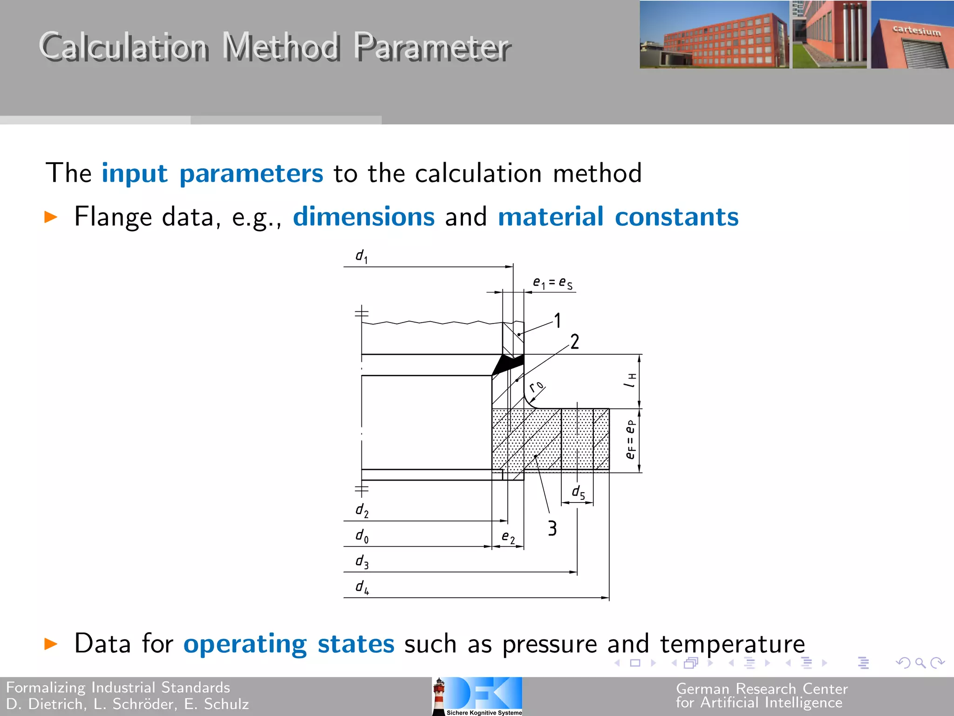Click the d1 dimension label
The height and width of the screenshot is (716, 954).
coord(361,256)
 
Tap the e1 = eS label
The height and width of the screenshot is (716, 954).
coord(552,283)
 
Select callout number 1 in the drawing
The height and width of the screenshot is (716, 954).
coord(557,321)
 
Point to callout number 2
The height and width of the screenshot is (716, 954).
coord(575,342)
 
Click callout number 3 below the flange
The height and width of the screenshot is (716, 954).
coord(552,529)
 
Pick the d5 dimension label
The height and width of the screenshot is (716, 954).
coord(578,492)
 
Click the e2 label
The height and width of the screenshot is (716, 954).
coord(508,537)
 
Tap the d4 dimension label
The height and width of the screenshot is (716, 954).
coord(362,587)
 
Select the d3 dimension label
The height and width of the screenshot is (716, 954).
coord(362,562)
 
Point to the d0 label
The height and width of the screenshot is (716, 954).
coord(362,536)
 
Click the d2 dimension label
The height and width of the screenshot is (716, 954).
coord(362,510)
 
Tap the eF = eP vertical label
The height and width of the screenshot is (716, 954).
coord(630,440)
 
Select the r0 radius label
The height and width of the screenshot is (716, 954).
coord(537,386)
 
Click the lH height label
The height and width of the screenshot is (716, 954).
coord(630,380)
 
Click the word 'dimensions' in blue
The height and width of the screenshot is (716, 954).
coord(364,217)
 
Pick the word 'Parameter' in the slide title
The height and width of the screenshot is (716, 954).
coord(432,47)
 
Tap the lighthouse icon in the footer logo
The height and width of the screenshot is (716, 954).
coord(439,696)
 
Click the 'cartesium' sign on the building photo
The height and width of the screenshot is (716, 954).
coord(916,31)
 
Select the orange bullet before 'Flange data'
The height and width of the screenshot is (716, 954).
coord(51,217)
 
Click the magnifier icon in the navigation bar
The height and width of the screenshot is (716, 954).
coord(920,663)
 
